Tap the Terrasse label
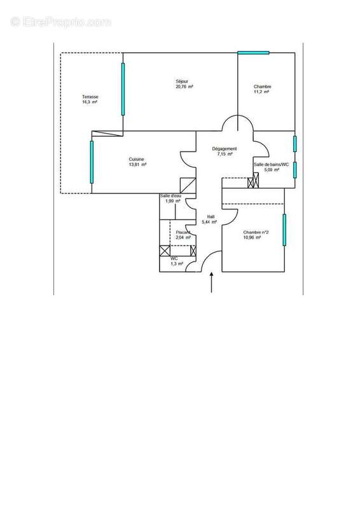pos(90,97)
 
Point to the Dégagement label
pos(225,149)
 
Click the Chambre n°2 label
pos(256,232)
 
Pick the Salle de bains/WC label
pos(272,164)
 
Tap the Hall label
pos(210,216)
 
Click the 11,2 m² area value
pos(262,92)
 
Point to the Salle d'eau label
pos(170,195)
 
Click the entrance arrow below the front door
pos(211,283)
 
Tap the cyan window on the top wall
pos(253,52)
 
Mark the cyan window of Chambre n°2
pos(284,229)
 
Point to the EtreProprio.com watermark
pos(60,22)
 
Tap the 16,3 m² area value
pos(89,102)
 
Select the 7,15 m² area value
pos(225,154)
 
